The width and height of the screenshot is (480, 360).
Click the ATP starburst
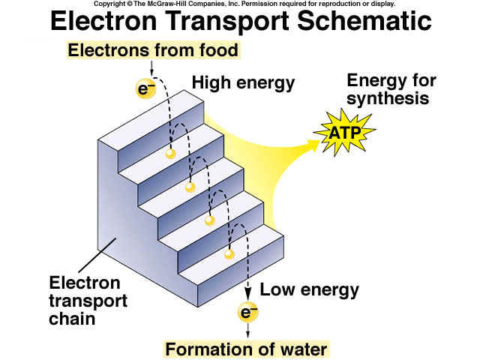345,133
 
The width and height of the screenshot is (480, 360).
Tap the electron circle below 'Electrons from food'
146,88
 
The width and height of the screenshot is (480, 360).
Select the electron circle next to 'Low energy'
248,312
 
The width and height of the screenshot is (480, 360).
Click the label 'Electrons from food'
153,50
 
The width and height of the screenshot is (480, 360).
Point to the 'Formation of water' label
247,349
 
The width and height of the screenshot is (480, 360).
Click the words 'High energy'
243,82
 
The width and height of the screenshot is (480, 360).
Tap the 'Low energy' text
309,289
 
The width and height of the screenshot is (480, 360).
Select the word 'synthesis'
388,98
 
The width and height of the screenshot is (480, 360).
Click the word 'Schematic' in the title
364,21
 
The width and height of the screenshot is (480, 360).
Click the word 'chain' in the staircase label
72,319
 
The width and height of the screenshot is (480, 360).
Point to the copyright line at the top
244,4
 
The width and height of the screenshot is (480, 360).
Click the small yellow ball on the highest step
170,153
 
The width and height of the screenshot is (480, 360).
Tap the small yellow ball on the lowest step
229,254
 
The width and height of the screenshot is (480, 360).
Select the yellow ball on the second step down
190,187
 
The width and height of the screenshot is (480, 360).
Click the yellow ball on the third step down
210,220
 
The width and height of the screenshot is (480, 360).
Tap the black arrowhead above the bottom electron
248,295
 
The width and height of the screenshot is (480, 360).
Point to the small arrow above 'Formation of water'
248,330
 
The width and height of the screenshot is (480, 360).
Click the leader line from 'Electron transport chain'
97,255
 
